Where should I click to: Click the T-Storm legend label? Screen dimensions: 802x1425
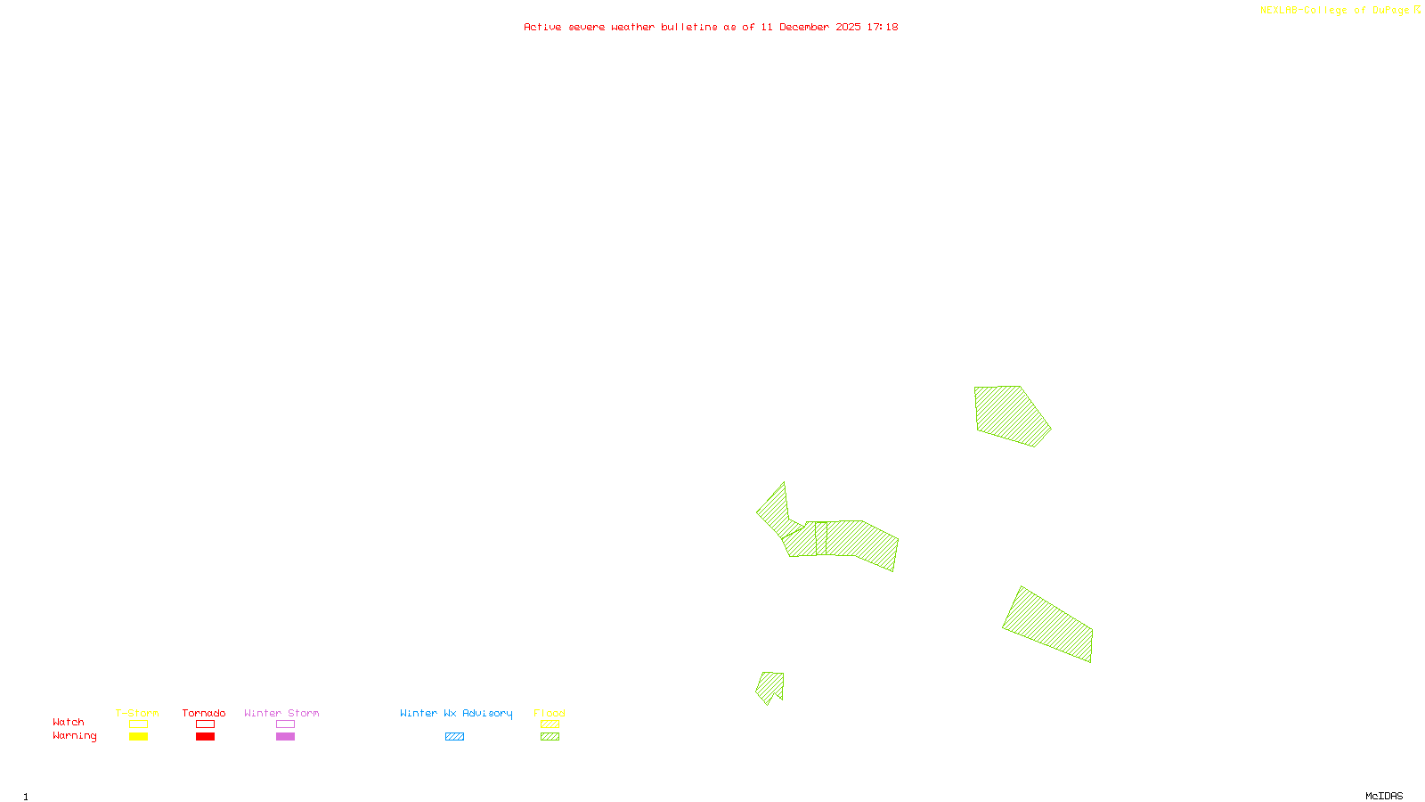(137, 713)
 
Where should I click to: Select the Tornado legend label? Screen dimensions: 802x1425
(204, 713)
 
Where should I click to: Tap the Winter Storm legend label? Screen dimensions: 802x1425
(281, 713)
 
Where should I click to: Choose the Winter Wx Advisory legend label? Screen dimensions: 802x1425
(456, 713)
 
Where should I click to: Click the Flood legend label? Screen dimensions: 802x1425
(550, 713)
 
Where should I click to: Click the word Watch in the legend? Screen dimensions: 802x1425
(69, 722)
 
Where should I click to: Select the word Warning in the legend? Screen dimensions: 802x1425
(75, 736)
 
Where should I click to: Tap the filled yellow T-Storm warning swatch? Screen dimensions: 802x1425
(138, 737)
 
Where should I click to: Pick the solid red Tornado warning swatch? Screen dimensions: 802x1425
(206, 737)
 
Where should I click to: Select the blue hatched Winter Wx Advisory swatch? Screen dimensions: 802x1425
(454, 737)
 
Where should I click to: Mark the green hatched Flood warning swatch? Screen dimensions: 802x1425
(550, 737)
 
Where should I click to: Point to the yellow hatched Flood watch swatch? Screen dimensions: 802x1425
(550, 724)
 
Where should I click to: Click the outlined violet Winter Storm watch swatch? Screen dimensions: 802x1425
(285, 724)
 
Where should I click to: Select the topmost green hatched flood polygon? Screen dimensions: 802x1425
(1010, 414)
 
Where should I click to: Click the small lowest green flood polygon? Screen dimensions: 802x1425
(769, 686)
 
